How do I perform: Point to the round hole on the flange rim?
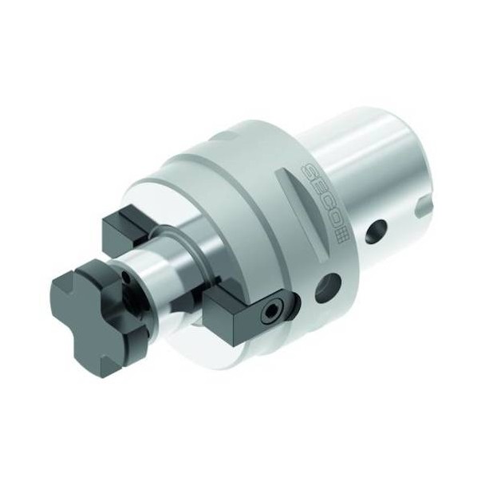tap(328, 286)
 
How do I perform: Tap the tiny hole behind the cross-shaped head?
tap(124, 275)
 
